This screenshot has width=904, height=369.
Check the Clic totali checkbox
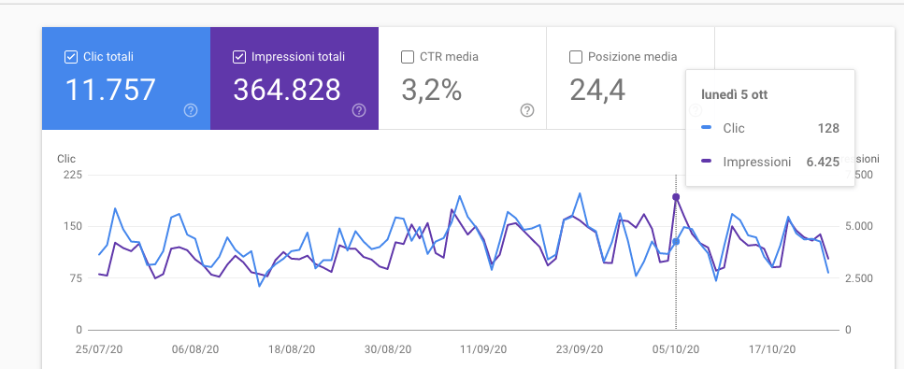[71, 57]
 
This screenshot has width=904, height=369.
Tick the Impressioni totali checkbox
[239, 57]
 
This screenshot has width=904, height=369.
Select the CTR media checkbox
[407, 57]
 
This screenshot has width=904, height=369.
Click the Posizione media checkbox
[575, 57]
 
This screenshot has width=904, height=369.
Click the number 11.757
[110, 90]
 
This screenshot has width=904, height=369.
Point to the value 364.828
[287, 90]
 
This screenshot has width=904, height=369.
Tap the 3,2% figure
[431, 90]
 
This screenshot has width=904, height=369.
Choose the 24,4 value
[597, 90]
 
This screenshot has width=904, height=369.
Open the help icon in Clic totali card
[191, 110]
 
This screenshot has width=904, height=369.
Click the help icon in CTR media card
[527, 110]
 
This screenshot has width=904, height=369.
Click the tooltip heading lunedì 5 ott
[734, 95]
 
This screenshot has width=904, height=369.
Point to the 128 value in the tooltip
[828, 128]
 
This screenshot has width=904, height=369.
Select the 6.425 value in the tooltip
[823, 162]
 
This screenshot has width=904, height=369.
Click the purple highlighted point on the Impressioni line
[676, 197]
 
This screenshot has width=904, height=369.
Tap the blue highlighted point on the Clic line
[676, 242]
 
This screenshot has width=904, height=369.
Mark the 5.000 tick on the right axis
[859, 226]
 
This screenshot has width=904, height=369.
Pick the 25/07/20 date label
[98, 349]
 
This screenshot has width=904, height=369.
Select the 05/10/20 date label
[676, 349]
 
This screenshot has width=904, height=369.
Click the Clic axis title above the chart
[66, 159]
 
